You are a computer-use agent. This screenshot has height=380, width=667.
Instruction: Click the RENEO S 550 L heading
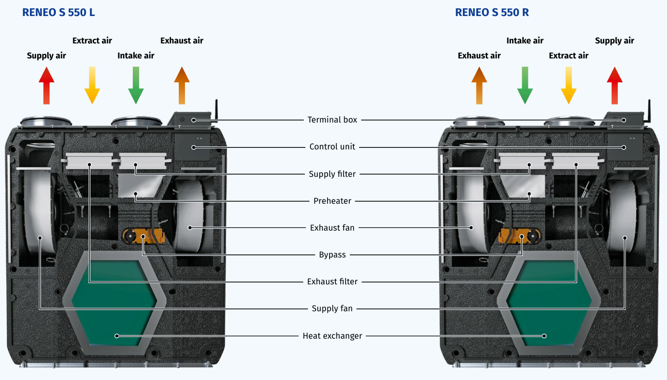58,12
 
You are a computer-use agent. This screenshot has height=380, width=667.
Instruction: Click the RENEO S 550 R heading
491,12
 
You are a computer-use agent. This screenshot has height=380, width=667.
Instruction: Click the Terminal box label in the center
332,120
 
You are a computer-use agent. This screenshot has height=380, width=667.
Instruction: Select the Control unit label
332,147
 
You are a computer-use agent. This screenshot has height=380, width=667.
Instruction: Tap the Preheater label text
332,201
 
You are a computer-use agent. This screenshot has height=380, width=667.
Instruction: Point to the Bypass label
332,255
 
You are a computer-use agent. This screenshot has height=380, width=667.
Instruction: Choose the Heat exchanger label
332,336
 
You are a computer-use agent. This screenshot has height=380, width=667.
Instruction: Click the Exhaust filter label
332,282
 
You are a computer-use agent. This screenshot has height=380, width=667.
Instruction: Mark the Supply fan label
332,309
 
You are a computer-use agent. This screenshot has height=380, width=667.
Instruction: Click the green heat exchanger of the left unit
114,302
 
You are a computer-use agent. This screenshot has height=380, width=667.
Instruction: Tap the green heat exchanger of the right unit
548,302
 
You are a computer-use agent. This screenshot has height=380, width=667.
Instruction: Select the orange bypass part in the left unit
143,236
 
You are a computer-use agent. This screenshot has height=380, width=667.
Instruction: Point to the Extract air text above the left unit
92,41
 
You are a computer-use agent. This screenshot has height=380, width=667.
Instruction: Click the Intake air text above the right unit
525,41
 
